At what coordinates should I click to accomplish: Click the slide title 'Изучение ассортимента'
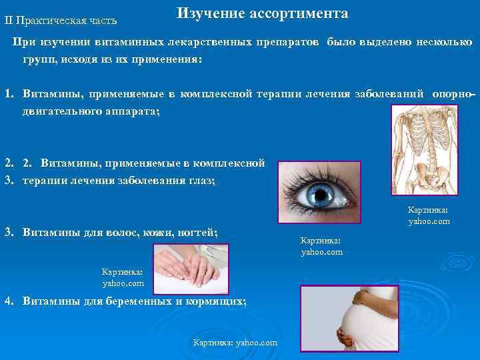tap(262, 14)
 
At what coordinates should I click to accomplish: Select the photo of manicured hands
tap(191, 267)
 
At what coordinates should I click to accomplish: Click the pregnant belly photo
tap(349, 317)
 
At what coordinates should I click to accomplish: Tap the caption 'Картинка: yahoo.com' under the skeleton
tap(429, 215)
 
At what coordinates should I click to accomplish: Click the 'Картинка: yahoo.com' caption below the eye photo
tap(321, 246)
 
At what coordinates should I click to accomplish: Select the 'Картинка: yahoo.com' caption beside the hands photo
tap(123, 277)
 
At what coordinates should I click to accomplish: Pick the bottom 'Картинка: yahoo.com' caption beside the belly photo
tap(234, 342)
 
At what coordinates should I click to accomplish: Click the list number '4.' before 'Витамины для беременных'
tap(9, 301)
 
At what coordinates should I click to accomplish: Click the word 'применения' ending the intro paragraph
tap(167, 59)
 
